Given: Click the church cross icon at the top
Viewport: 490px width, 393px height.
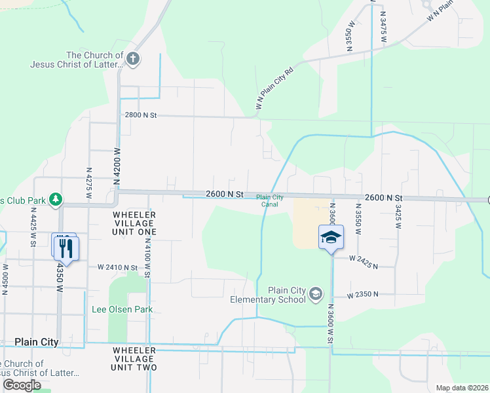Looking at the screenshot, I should pyautogui.click(x=133, y=60).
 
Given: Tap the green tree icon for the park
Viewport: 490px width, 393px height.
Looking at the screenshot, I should pyautogui.click(x=56, y=198).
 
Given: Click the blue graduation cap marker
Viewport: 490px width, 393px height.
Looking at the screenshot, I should pyautogui.click(x=331, y=236).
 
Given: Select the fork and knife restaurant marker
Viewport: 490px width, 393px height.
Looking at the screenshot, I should pyautogui.click(x=66, y=248).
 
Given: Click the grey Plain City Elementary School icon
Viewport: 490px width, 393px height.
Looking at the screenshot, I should pyautogui.click(x=316, y=293).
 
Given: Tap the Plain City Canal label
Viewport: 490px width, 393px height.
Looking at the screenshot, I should pyautogui.click(x=270, y=200).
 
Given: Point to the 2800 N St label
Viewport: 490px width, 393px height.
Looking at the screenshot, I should pyautogui.click(x=141, y=115).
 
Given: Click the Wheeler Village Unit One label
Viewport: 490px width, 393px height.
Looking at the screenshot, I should pyautogui.click(x=134, y=223).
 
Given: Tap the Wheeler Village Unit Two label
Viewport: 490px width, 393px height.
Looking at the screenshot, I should pyautogui.click(x=134, y=359).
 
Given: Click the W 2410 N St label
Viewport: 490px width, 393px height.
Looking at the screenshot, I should pyautogui.click(x=118, y=267).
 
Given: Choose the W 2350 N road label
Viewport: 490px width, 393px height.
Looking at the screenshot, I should pyautogui.click(x=364, y=295).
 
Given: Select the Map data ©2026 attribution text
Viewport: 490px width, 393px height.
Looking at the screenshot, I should pyautogui.click(x=462, y=388).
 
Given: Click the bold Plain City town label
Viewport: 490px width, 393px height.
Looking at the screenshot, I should pyautogui.click(x=37, y=342).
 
